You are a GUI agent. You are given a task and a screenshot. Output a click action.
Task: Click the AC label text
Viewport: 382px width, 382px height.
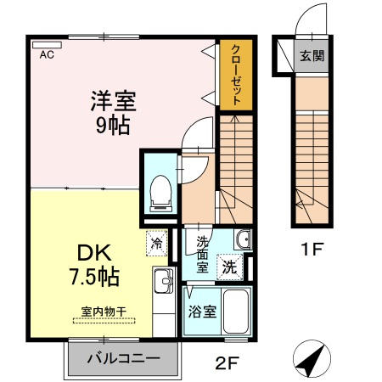tap(47, 55)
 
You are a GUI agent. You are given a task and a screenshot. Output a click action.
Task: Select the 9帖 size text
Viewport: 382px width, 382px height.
tap(114, 126)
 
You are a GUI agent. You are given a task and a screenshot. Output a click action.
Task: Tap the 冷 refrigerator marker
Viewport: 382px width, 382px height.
tap(157, 244)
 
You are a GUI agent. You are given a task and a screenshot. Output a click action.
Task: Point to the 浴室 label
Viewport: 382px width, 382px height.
tap(201, 311)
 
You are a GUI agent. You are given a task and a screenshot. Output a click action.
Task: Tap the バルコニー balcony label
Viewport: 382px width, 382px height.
tap(124, 359)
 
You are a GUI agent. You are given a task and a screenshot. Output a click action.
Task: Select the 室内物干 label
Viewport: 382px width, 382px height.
tap(104, 312)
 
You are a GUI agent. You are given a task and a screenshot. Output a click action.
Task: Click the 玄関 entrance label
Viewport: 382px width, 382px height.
tap(312, 58)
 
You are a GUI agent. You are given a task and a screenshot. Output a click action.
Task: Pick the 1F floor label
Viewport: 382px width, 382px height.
tap(310, 250)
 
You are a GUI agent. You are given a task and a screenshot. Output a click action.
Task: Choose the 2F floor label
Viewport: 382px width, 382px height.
tap(226, 366)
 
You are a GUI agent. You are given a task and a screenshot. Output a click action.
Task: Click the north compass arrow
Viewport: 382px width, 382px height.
tap(311, 360)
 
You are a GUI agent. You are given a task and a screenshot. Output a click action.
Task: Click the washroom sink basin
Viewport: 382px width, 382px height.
tap(243, 239)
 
